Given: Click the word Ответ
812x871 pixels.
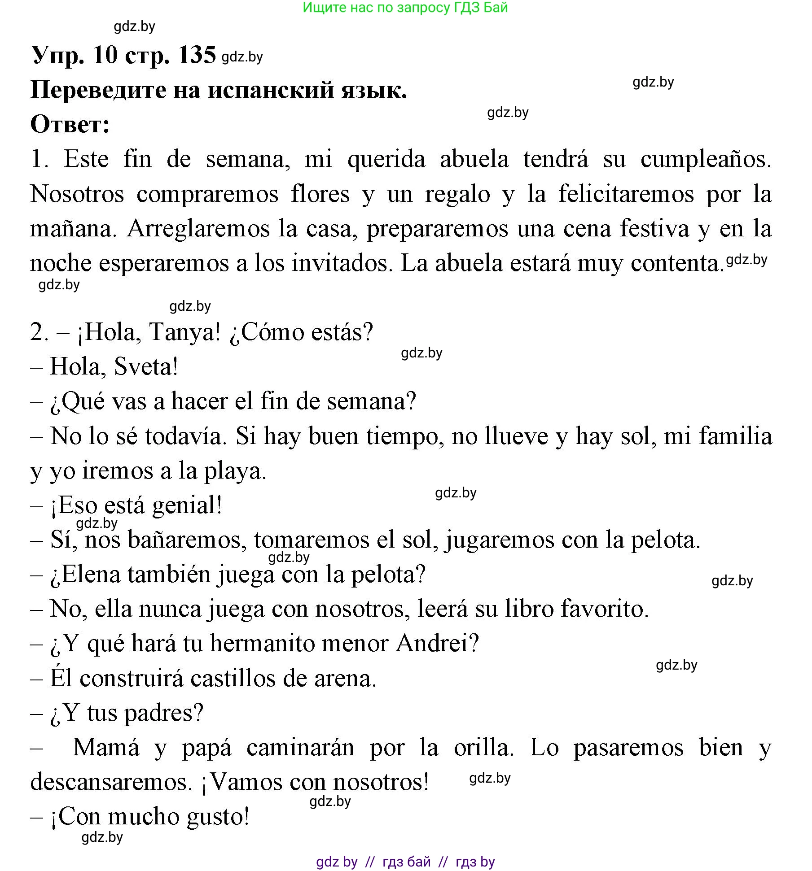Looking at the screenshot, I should click(70, 124).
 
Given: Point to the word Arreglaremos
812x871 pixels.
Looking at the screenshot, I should click(199, 229).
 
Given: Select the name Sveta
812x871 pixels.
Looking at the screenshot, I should click(145, 367).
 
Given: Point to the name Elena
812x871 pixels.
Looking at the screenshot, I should click(91, 575).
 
